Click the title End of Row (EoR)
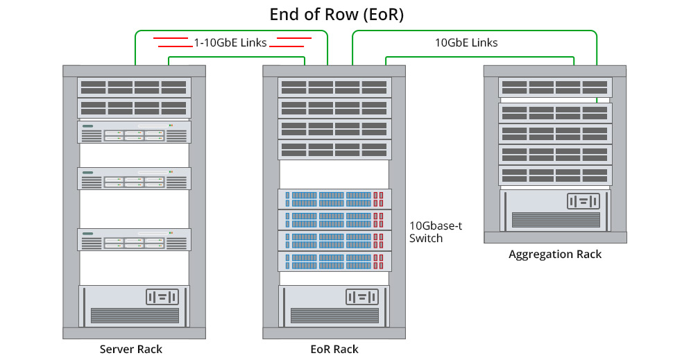tap(336, 15)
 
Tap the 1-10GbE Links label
tap(230, 43)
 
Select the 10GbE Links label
tap(466, 42)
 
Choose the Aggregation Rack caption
tap(555, 254)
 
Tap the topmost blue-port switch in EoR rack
tap(335, 199)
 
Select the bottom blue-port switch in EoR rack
tap(335, 262)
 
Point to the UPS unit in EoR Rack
tap(335, 306)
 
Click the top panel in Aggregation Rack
tap(555, 87)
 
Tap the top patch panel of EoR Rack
tap(335, 87)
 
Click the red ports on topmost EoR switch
tap(379, 199)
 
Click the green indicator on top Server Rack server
tap(88, 126)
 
